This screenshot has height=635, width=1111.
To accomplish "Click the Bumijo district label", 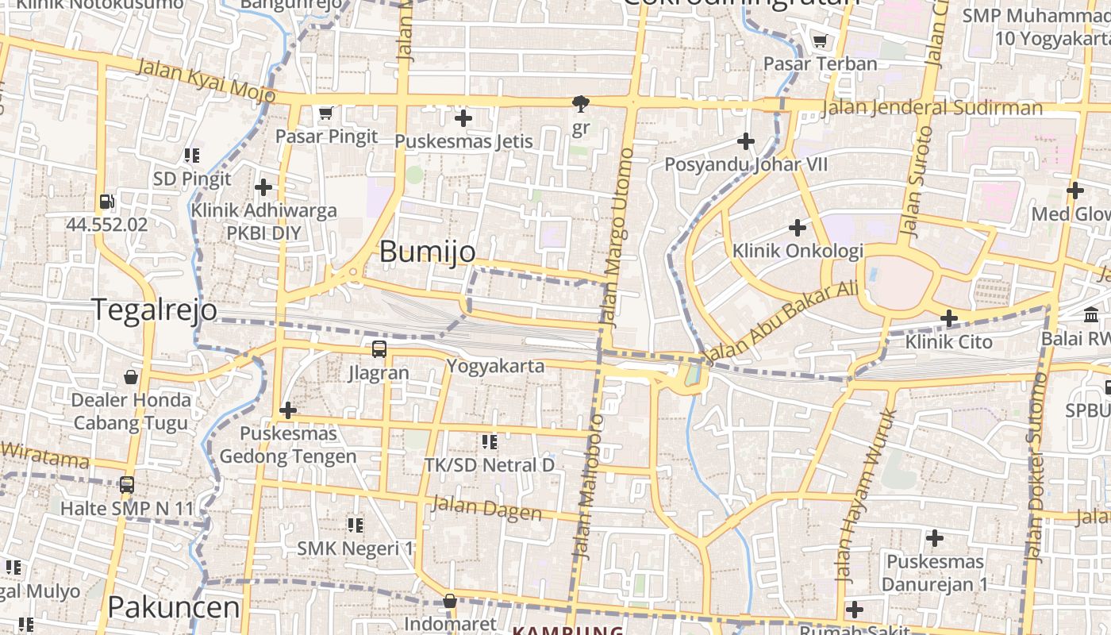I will pos(428,252).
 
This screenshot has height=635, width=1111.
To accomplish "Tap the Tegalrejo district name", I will pos(155,310).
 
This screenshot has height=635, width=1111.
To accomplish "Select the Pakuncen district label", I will pos(173,607).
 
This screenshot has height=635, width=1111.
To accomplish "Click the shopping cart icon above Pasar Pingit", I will pos(325,114).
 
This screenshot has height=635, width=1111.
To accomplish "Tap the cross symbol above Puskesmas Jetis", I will pos(463,119).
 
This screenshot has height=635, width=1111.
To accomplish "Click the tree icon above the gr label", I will pos(581,104).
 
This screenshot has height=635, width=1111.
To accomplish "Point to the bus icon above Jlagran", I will pos(379,349).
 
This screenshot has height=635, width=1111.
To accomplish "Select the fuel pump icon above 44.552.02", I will pos(106,202).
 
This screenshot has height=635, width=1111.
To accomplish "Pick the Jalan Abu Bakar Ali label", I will pos(782,321).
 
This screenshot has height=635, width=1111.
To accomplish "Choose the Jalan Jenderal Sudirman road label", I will pos(932,108).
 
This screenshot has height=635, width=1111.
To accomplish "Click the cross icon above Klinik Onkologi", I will pos(798,229).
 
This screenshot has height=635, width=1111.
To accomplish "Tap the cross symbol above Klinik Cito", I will pos(948,319).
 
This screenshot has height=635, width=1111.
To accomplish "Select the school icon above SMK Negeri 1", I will pos(355,525).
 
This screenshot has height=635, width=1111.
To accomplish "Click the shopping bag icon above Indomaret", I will pos(450,601).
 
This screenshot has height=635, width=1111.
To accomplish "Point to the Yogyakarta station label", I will pos(495,366).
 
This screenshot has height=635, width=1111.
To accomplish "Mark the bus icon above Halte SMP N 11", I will pos(126,485).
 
